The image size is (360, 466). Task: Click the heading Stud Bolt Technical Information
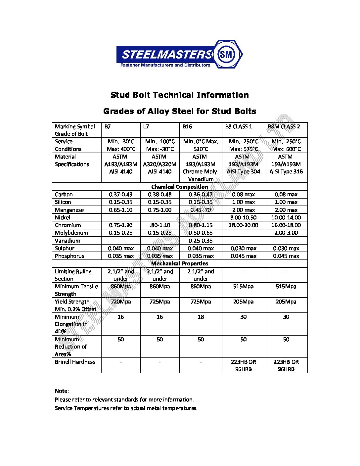point(180,95)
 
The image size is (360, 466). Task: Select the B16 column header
point(187,127)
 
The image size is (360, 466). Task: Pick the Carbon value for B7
point(120,195)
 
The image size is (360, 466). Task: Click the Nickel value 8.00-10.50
point(243,217)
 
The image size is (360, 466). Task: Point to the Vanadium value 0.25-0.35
point(201,241)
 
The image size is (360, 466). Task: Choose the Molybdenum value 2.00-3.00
point(286,233)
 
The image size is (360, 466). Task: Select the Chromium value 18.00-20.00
point(243,225)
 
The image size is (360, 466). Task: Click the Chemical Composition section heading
point(180,187)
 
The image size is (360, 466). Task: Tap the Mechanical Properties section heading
point(180,264)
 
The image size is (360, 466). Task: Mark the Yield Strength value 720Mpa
point(120,302)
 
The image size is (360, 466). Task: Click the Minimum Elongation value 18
point(201,317)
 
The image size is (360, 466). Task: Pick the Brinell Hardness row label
point(75,362)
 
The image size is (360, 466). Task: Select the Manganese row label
point(69,210)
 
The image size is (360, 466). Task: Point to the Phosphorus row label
point(69,256)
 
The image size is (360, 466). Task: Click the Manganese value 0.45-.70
point(201,210)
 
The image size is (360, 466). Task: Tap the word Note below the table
point(62,391)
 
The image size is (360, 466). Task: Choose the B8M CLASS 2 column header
point(284,127)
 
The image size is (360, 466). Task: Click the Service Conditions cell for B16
point(201,145)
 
